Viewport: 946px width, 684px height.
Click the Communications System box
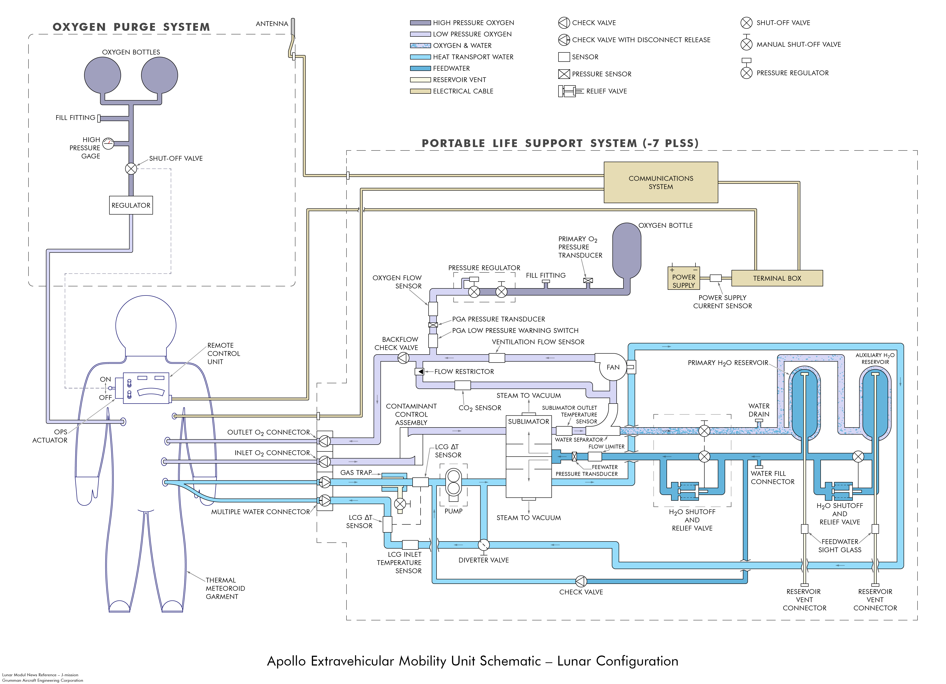tap(661, 182)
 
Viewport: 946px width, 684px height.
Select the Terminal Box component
tap(777, 278)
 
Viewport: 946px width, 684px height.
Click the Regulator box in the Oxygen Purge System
tap(131, 205)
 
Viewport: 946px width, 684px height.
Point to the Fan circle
tap(613, 367)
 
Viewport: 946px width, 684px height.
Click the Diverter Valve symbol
tap(483, 545)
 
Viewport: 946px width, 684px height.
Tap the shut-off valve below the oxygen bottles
tap(131, 168)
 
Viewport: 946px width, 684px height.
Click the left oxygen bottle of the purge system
tap(103, 75)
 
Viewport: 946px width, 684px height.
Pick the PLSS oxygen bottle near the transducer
tap(626, 250)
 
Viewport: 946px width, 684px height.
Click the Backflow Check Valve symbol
tap(403, 358)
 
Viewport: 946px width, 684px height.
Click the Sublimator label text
tap(528, 422)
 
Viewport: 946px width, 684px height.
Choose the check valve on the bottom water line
tap(581, 581)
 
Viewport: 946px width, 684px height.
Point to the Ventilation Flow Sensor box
tap(497, 358)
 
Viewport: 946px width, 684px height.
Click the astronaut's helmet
tap(146, 325)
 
